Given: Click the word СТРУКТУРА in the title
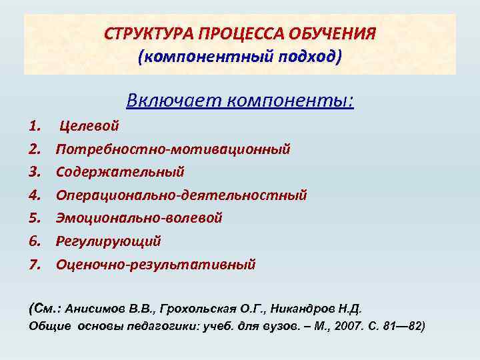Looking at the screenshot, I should click(143, 33).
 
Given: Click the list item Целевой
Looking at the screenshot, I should click(90, 125).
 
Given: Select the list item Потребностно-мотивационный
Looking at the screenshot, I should click(173, 148).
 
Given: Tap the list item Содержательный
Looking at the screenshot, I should click(120, 171).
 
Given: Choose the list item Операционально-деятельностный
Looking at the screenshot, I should click(181, 195).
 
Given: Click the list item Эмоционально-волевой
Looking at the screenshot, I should click(139, 218).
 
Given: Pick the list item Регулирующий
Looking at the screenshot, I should click(109, 241).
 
